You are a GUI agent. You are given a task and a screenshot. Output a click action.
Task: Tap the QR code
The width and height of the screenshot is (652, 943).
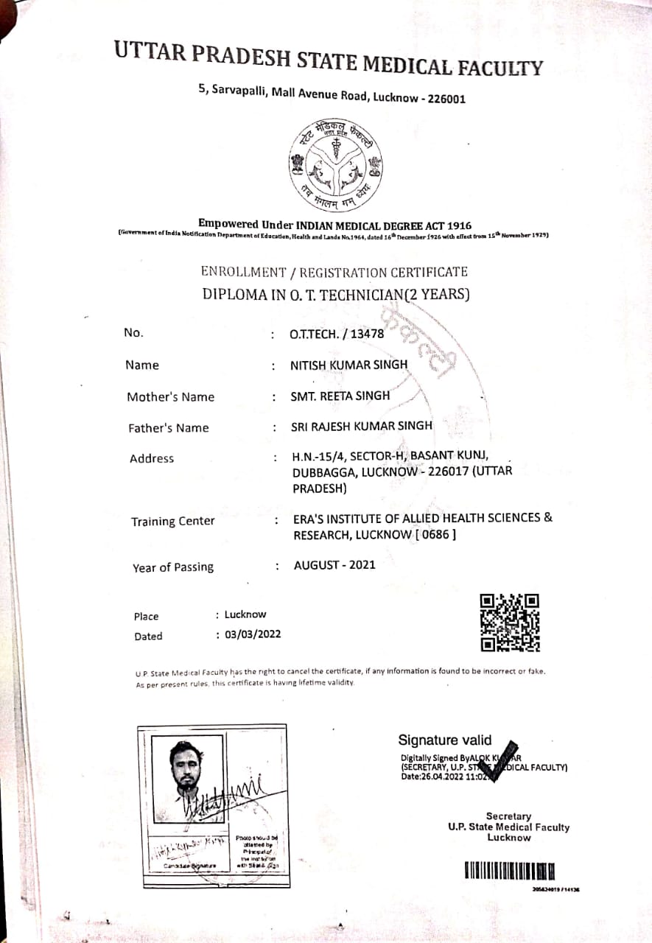click(x=510, y=623)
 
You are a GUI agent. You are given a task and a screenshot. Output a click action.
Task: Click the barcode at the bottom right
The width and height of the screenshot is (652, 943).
click(x=509, y=872)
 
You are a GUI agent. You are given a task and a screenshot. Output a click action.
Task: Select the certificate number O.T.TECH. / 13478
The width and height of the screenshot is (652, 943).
click(x=337, y=334)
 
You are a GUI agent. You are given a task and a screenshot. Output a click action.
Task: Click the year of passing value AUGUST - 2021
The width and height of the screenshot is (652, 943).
click(x=334, y=565)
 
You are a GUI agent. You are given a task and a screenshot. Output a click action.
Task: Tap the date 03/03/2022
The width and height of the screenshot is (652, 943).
click(x=253, y=634)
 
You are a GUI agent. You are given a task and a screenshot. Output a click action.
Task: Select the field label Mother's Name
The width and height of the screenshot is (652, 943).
click(x=170, y=397)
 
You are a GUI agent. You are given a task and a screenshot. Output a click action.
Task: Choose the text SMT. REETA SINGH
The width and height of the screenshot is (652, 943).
click(x=340, y=396)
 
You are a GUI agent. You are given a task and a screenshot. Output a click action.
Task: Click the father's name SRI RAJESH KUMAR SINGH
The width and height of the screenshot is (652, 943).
click(x=361, y=426)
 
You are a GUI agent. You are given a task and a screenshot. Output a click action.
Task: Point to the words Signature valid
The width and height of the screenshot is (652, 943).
click(x=444, y=740)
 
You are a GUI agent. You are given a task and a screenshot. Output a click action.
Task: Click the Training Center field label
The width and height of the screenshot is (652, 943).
click(x=172, y=522)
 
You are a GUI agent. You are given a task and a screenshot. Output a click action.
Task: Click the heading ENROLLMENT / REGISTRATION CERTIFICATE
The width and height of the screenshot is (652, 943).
click(x=334, y=272)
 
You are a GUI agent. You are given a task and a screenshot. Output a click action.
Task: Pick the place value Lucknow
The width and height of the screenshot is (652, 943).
click(x=245, y=614)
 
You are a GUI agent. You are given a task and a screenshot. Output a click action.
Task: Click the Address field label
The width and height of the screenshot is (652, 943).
click(x=152, y=458)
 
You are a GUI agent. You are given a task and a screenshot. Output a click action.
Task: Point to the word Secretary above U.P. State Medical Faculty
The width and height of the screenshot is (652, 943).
click(x=508, y=816)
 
